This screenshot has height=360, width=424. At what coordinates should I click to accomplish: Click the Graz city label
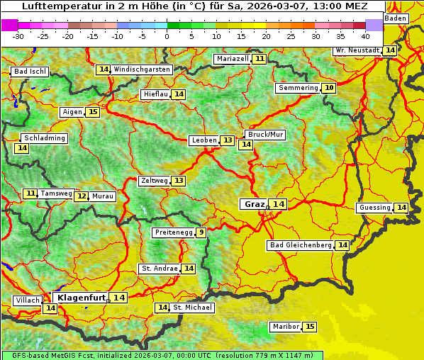[254, 204]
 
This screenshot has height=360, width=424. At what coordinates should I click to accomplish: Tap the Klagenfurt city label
[80, 298]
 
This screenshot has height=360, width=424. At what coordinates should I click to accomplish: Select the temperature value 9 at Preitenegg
[201, 232]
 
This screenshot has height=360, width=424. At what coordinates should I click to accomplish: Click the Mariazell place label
[232, 59]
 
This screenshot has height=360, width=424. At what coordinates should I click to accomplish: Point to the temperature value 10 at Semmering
[328, 88]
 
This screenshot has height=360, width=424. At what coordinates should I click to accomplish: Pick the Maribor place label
[284, 327]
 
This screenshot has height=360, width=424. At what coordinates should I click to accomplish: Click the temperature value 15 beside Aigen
[93, 112]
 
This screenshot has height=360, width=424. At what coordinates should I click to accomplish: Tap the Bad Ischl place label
[30, 72]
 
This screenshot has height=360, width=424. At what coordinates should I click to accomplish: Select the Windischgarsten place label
[142, 69]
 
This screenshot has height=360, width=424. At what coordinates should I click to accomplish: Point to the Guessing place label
[374, 208]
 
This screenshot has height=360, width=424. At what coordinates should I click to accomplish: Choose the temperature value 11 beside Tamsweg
[30, 193]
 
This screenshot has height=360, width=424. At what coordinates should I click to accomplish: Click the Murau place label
[103, 196]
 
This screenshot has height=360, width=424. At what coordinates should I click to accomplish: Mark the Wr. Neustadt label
[357, 50]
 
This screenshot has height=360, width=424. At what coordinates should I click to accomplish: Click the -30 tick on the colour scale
[18, 35]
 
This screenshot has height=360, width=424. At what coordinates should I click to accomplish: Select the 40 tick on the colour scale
[365, 35]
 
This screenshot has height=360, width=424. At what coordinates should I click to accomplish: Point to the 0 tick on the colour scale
[167, 35]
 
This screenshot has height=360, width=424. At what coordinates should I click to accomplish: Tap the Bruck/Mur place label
[265, 135]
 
